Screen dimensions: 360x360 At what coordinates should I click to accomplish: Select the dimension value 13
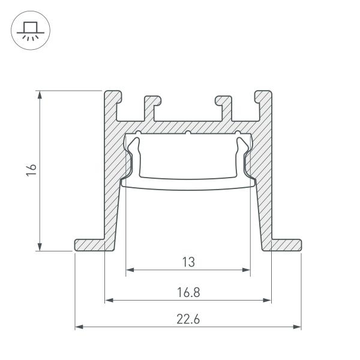(x=188, y=262)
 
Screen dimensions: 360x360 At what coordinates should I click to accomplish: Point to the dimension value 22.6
(x=188, y=320)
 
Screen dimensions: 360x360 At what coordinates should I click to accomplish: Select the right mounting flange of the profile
(x=284, y=245)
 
